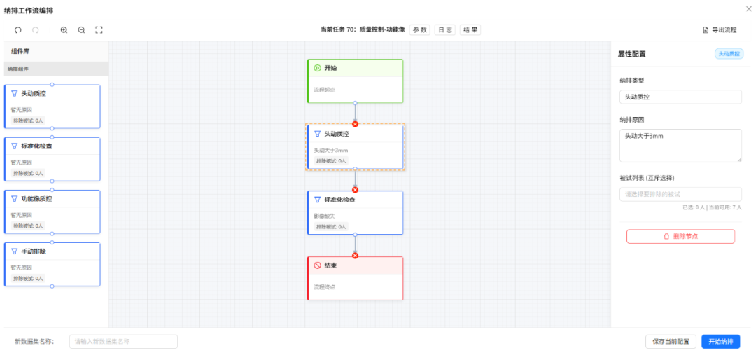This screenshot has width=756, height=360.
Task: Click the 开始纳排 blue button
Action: point(720,342)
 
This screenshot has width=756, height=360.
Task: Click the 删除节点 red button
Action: point(680,236)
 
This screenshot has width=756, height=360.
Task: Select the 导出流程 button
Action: point(720,30)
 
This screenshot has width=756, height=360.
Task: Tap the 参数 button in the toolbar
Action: point(419,30)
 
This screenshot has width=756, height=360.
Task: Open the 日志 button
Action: point(444,30)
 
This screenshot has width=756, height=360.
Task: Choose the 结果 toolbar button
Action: point(470,30)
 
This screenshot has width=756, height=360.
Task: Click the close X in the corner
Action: point(749,8)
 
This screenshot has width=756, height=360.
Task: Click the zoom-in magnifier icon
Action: point(64,30)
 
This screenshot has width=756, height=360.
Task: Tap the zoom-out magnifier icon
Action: point(81,30)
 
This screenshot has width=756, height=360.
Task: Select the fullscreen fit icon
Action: point(99,30)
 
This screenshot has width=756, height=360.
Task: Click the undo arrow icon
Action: point(18,30)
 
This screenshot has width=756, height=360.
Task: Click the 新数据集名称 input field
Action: point(123,342)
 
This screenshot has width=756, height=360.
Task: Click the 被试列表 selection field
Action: point(680,194)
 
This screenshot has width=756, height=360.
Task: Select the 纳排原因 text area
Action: point(680,146)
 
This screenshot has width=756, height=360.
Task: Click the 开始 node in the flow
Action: point(356,81)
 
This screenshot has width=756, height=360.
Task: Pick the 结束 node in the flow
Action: point(356,278)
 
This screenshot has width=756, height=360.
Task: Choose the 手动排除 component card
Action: point(52,264)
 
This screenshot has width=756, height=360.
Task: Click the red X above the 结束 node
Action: point(355,256)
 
